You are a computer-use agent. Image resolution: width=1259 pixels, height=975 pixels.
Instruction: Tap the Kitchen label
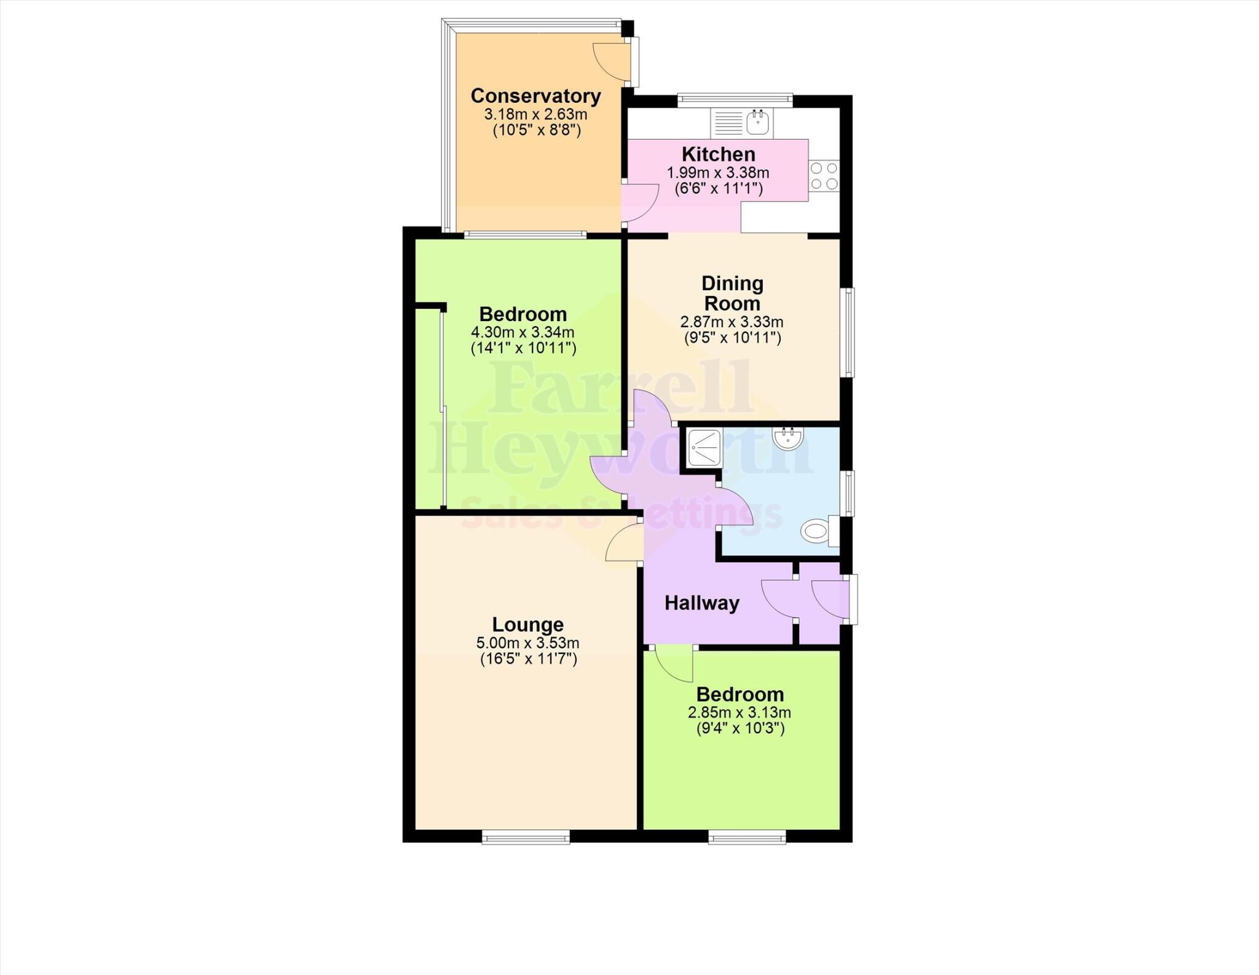coord(718,154)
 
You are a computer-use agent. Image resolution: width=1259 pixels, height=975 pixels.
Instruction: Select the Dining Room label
coord(732,293)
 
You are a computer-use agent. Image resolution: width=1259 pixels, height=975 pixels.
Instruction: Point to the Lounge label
coord(527,624)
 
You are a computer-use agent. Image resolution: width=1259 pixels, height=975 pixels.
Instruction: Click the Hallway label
coord(701,603)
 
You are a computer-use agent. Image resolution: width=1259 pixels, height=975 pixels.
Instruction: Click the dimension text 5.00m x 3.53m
coord(527,643)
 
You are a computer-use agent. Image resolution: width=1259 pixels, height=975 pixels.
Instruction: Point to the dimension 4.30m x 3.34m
coord(523,333)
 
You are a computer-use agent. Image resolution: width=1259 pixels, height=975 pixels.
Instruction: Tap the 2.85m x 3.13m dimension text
coord(739,713)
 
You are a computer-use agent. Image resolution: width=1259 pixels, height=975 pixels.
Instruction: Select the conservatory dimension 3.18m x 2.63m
coord(535,114)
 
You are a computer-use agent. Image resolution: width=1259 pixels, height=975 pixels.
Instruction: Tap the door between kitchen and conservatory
coord(639,203)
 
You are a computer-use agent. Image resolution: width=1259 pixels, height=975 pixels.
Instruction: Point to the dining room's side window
coord(847,332)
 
